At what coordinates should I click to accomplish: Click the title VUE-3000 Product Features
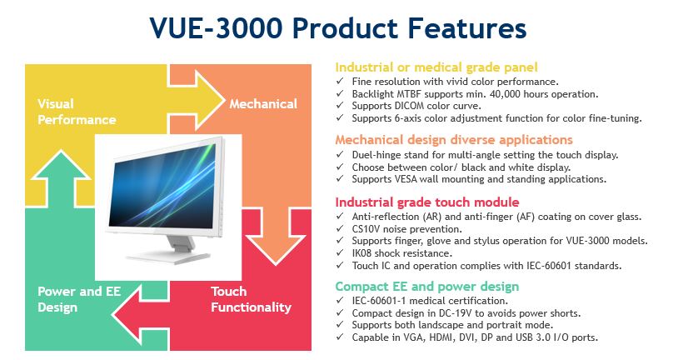338,28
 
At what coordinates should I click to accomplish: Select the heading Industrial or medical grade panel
436,67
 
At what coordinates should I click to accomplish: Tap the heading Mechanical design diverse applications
454,140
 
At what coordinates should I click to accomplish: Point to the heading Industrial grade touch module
427,202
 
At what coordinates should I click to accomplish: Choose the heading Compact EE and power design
427,286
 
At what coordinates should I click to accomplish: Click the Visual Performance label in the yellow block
77,112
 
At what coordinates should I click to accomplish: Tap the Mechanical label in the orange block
263,104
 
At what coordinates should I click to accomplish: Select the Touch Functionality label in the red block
251,299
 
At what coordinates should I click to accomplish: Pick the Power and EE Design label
79,299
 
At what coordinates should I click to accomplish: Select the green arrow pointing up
62,178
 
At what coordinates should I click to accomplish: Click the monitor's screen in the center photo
163,187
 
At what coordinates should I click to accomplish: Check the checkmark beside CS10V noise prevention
340,228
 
